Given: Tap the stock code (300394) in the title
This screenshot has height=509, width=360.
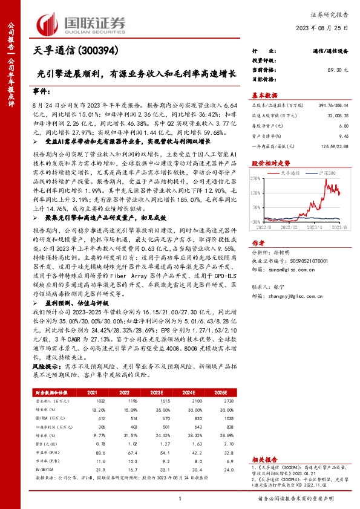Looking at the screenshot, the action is pyautogui.click(x=99, y=51).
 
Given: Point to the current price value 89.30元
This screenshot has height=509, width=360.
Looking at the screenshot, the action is pyautogui.click(x=338, y=70).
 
